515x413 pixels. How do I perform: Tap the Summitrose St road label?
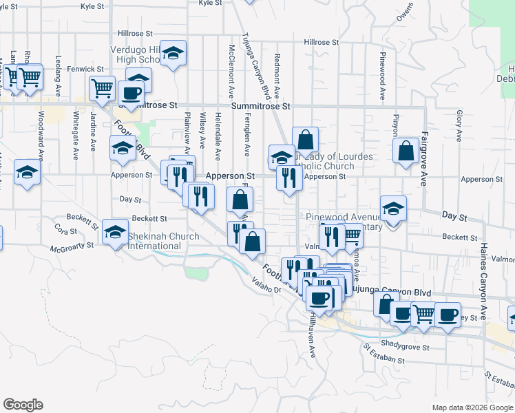pyautogui.click(x=261, y=107)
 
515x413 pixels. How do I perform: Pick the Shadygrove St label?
pyautogui.click(x=406, y=348)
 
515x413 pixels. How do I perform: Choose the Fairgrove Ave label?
pyautogui.click(x=424, y=159)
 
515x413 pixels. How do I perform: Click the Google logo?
pyautogui.click(x=23, y=405)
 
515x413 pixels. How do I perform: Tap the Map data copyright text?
pyautogui.click(x=472, y=407)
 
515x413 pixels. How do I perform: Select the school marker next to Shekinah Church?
pyautogui.click(x=114, y=232)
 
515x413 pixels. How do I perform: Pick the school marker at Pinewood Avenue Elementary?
pyautogui.click(x=393, y=209)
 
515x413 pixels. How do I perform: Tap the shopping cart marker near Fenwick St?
pyautogui.click(x=102, y=88)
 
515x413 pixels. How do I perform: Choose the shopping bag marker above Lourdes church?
pyautogui.click(x=305, y=140)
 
